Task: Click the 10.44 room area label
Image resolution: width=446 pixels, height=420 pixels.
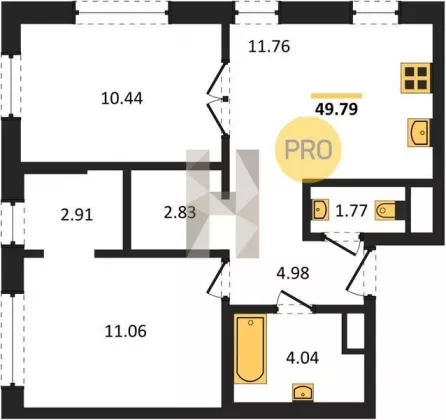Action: (x=122, y=99)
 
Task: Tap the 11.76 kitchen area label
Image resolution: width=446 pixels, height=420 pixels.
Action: (x=269, y=47)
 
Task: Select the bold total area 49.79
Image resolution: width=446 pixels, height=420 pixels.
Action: (x=336, y=109)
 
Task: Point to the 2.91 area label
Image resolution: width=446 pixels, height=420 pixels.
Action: (x=77, y=215)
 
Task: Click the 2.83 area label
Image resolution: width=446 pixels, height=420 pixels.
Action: (x=180, y=213)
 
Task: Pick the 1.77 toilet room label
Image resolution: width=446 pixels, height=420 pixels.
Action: (x=351, y=211)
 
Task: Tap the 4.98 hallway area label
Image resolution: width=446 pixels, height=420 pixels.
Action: (x=293, y=273)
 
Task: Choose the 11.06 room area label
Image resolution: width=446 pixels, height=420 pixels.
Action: (x=126, y=332)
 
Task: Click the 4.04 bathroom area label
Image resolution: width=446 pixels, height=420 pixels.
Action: (x=302, y=358)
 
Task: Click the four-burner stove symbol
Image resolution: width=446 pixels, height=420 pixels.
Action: (x=416, y=78)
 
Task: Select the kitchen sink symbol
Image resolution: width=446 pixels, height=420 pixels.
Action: (x=418, y=133)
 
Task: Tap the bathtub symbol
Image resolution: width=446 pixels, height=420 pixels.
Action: (x=250, y=349)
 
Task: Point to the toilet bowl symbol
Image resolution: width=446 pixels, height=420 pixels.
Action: (x=385, y=210)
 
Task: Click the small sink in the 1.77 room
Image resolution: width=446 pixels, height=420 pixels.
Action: (x=321, y=210)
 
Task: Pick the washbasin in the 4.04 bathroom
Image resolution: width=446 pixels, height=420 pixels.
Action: (x=303, y=392)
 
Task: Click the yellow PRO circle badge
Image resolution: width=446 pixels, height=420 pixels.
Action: (x=308, y=149)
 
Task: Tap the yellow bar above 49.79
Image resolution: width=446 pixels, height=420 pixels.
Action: (x=336, y=96)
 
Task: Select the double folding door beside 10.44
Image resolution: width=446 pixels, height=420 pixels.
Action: (x=218, y=99)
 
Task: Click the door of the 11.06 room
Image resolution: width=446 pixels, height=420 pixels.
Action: (x=217, y=278)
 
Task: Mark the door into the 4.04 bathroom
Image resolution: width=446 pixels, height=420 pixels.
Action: (x=295, y=303)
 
